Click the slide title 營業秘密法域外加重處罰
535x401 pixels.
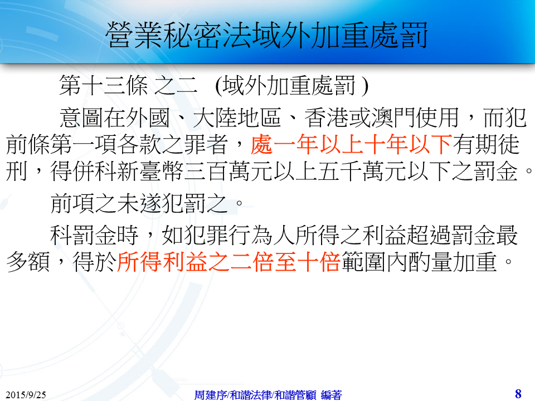[266, 35]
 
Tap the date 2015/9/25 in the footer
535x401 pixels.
[26, 394]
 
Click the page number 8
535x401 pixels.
[518, 394]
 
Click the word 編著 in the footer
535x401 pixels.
[331, 395]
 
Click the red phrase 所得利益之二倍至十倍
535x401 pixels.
[229, 262]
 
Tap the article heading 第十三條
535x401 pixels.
[104, 85]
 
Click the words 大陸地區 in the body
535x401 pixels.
[237, 118]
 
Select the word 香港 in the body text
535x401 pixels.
[326, 118]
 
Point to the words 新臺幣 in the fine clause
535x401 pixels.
[150, 171]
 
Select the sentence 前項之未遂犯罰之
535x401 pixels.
[139, 204]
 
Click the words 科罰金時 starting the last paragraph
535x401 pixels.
[95, 235]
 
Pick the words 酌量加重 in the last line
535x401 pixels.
[452, 262]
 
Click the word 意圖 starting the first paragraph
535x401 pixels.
[81, 118]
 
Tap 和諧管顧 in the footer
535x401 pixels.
[295, 395]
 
